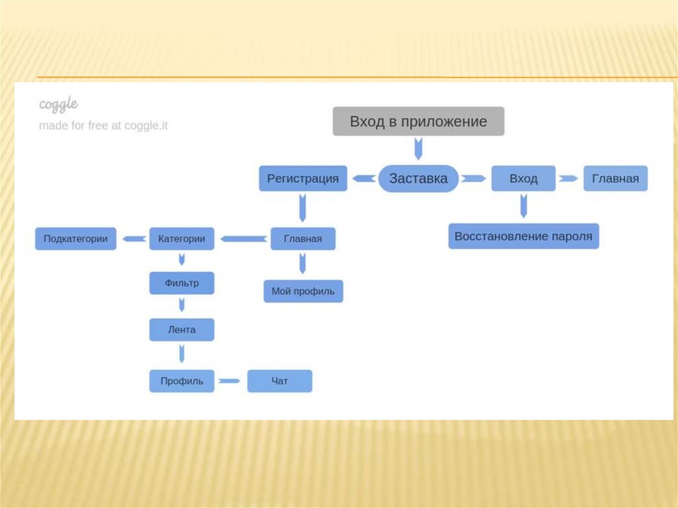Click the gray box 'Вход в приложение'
tap(418, 122)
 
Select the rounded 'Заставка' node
tap(418, 179)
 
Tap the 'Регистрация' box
tap(303, 179)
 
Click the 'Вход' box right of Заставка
tap(523, 179)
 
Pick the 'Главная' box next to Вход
tap(615, 179)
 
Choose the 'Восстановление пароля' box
tap(523, 236)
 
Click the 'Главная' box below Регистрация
tap(303, 238)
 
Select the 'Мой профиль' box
tap(303, 291)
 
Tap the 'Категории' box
tap(181, 238)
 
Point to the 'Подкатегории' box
tap(75, 238)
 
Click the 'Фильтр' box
tap(181, 283)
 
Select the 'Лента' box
tap(181, 329)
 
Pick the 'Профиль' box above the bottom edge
tap(181, 381)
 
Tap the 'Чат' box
tap(279, 381)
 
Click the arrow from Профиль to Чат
tap(229, 381)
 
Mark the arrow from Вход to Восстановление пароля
tap(524, 206)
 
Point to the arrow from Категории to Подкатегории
tap(136, 238)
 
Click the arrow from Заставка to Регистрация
tap(362, 179)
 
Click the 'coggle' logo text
tap(59, 104)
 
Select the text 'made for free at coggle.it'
tap(103, 125)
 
